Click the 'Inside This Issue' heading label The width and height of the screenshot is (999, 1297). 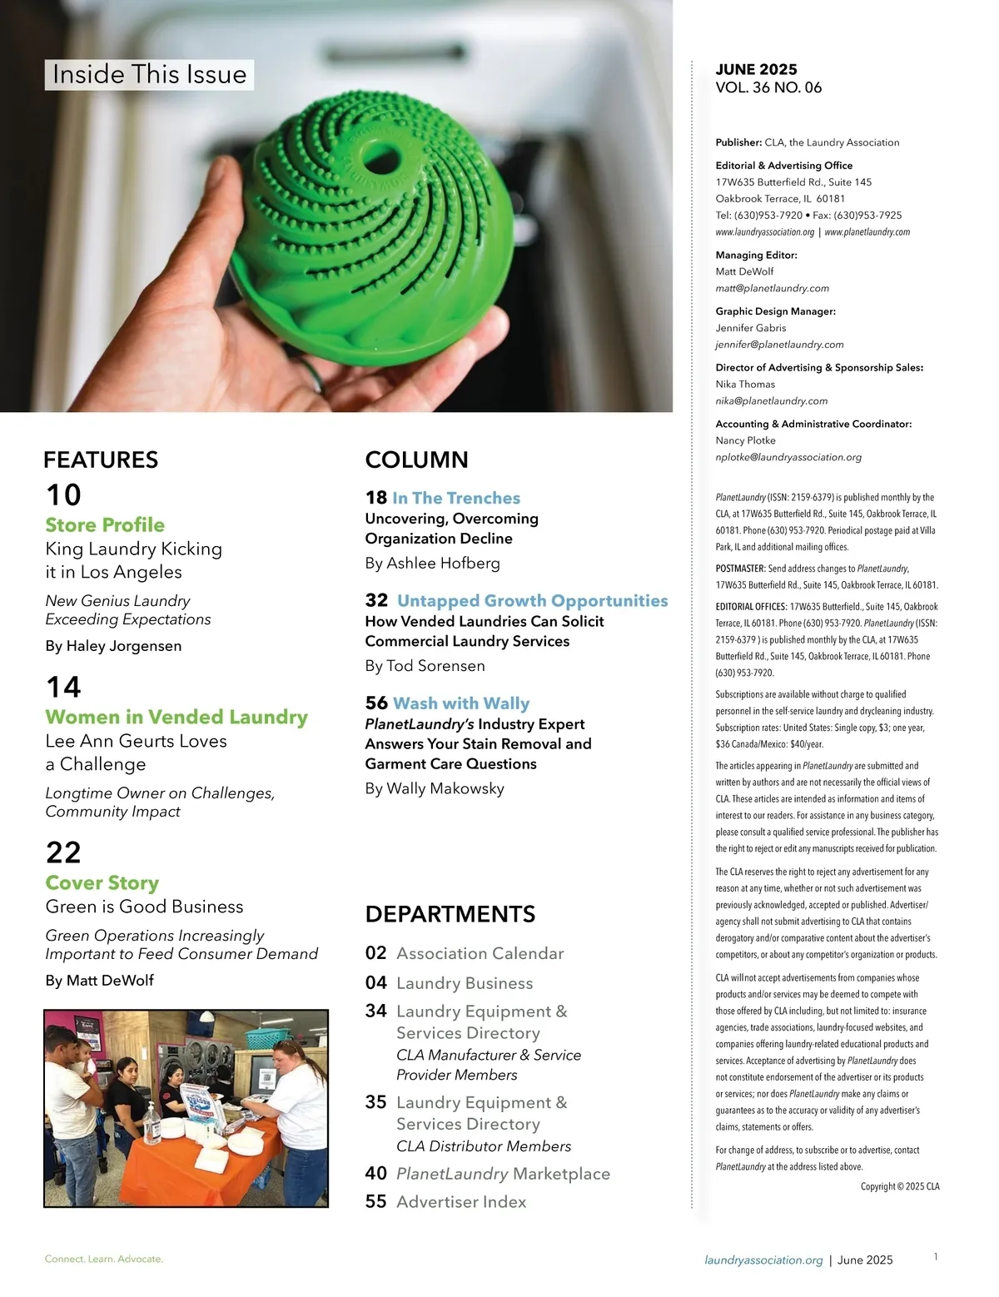click(x=150, y=75)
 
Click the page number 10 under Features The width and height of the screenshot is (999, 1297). click(x=63, y=494)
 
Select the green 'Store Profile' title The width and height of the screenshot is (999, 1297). click(x=105, y=525)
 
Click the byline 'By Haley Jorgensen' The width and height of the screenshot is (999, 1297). click(x=113, y=646)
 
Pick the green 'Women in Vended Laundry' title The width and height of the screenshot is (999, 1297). click(x=176, y=718)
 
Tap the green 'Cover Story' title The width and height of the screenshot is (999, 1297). click(x=102, y=883)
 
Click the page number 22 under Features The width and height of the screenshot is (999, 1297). click(x=63, y=852)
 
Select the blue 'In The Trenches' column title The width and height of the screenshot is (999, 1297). click(x=456, y=498)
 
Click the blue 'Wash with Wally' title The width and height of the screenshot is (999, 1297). click(x=461, y=703)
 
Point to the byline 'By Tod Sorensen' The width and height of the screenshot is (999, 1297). click(x=425, y=666)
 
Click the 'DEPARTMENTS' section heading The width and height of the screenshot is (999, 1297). click(x=450, y=914)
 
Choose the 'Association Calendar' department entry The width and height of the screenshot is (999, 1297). click(x=480, y=954)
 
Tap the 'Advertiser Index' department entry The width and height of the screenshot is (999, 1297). click(x=461, y=1202)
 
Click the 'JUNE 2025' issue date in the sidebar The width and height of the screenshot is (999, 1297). click(x=756, y=70)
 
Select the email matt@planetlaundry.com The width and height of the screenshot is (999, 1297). click(x=773, y=289)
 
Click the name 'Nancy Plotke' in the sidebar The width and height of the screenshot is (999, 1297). click(x=746, y=441)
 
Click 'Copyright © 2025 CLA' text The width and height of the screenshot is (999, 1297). click(x=900, y=1187)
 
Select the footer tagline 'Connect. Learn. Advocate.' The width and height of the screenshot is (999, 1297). click(x=104, y=1260)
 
